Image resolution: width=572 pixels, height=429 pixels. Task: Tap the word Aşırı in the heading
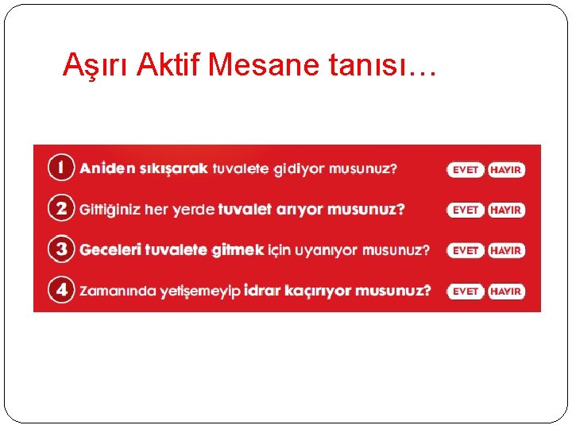(96, 66)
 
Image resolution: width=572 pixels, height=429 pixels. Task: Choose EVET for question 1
(465, 170)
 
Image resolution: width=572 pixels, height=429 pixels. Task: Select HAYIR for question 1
(506, 170)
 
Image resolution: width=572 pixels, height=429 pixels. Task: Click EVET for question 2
(465, 211)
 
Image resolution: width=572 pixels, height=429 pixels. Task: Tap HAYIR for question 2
(506, 211)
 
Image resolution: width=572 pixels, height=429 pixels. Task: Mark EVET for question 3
(465, 251)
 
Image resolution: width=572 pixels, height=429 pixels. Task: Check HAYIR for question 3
(506, 251)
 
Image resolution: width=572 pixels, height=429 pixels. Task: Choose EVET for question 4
(465, 292)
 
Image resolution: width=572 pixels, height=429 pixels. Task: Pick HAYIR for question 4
(506, 292)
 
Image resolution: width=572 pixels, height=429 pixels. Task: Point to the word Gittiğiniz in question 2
(114, 210)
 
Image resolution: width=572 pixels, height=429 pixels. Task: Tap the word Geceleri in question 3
(110, 250)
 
